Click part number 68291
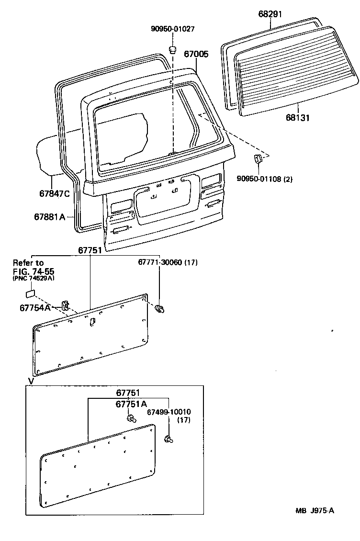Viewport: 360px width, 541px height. click(x=270, y=14)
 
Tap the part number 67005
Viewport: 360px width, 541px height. click(x=196, y=55)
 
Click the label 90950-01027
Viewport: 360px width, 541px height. click(x=173, y=29)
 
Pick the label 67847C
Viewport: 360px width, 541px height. click(x=55, y=194)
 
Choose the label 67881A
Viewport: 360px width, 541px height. click(x=49, y=217)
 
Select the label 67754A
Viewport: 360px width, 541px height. click(x=35, y=308)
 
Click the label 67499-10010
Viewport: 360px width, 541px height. click(x=169, y=412)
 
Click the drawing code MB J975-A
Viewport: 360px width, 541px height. click(x=314, y=510)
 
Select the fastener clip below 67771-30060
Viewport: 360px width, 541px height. click(x=160, y=309)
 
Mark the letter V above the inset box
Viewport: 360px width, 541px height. click(x=31, y=381)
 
